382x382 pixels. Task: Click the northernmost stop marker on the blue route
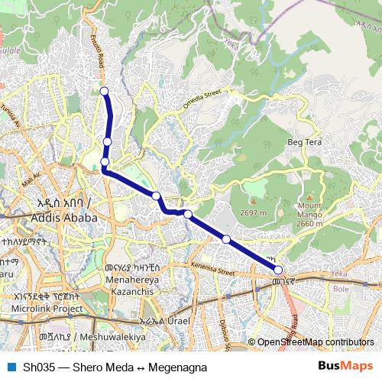coord(104,92)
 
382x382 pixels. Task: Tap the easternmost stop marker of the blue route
coord(278,270)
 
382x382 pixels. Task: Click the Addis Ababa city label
coord(66,217)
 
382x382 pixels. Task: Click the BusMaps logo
coord(345,367)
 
